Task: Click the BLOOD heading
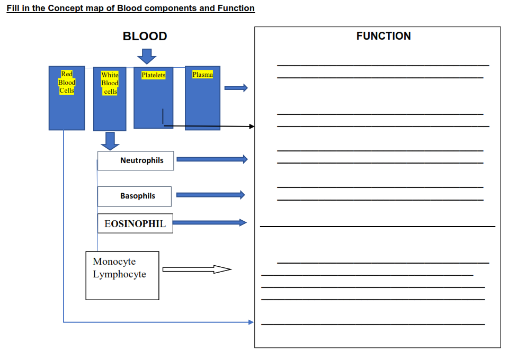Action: (145, 37)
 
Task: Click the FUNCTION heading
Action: (383, 36)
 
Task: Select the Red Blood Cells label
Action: (67, 82)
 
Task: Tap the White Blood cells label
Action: (110, 83)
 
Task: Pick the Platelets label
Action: (154, 75)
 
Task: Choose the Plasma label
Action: (202, 75)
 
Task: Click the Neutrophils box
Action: (136, 160)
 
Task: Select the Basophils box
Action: (135, 196)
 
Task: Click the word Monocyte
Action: (114, 262)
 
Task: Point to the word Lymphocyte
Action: (119, 274)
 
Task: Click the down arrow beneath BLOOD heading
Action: (146, 55)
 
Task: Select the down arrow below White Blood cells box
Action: (110, 141)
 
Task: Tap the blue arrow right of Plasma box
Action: (236, 88)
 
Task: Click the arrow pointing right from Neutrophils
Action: (212, 159)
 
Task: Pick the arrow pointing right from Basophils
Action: (210, 195)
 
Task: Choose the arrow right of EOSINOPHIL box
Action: (210, 222)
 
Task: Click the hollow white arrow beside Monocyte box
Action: (197, 270)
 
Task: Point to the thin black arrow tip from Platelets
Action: (252, 127)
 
